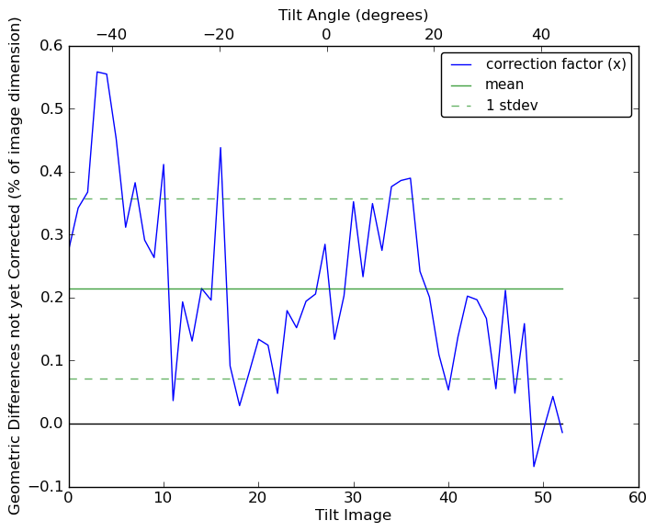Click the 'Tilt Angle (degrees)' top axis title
(353, 15)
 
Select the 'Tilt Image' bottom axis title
(353, 515)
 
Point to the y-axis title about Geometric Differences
(16, 266)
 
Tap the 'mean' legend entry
(503, 85)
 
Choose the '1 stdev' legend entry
(512, 105)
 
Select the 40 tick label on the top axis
(541, 35)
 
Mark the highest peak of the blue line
(97, 72)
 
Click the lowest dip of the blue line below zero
(534, 467)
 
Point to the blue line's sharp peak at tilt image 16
(221, 147)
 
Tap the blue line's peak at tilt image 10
(164, 164)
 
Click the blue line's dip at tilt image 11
(173, 401)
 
